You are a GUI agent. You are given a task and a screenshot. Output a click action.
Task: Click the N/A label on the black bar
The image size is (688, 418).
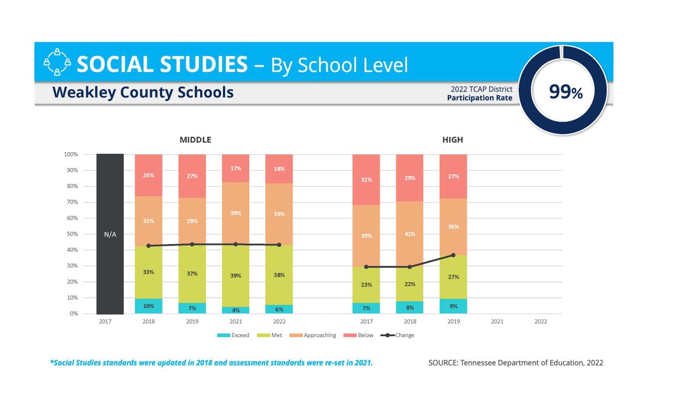pos(110,234)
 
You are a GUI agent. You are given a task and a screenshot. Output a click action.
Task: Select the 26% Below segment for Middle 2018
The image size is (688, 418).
pos(148,175)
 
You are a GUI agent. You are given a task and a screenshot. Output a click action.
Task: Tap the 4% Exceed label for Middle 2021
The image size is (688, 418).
pos(236,310)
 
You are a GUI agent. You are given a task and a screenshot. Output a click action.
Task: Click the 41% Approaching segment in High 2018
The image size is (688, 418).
pos(409,234)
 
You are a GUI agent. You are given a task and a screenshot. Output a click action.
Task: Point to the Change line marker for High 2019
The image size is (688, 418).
pos(453,255)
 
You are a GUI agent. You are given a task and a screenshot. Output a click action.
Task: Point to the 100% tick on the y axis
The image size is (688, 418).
pos(71,155)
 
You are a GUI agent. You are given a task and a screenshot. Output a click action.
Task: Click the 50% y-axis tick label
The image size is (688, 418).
pos(72,235)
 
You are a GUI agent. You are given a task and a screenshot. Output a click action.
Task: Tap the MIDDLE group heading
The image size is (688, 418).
pos(196,140)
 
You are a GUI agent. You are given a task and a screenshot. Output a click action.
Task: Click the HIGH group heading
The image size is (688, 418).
pos(452,140)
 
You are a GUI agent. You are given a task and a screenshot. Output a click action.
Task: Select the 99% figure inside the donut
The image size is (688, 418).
pos(565,92)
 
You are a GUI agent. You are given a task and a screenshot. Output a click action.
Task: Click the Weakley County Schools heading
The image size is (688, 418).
pos(143,92)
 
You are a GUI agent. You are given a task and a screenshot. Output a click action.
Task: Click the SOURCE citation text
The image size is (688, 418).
pos(515,363)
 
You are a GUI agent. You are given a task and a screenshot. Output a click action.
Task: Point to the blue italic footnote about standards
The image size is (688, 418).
pos(212,363)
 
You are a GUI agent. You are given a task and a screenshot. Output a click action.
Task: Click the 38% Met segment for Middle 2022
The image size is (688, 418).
pos(279,275)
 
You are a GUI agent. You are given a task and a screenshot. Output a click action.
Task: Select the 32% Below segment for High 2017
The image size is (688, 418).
pos(366,179)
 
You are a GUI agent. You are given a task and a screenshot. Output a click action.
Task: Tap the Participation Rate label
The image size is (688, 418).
pos(479,98)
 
